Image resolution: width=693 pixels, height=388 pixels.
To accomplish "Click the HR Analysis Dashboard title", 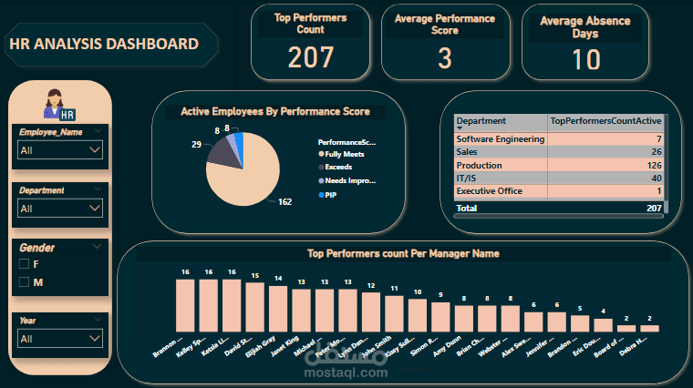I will click(103, 44).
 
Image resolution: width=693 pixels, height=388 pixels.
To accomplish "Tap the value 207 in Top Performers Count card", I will click(311, 57).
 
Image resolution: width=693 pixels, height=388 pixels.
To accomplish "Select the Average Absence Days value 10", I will click(586, 60).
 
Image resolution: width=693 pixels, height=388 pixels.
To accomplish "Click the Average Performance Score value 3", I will click(445, 58).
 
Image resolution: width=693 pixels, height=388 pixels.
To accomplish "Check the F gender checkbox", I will click(25, 264).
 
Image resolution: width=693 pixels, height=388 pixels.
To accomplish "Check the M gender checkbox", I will click(25, 282).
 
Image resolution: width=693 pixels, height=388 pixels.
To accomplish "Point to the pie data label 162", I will click(284, 202).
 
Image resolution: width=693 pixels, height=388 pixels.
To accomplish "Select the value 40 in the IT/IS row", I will click(656, 179).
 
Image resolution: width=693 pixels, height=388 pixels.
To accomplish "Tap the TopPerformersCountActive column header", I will click(605, 121).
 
